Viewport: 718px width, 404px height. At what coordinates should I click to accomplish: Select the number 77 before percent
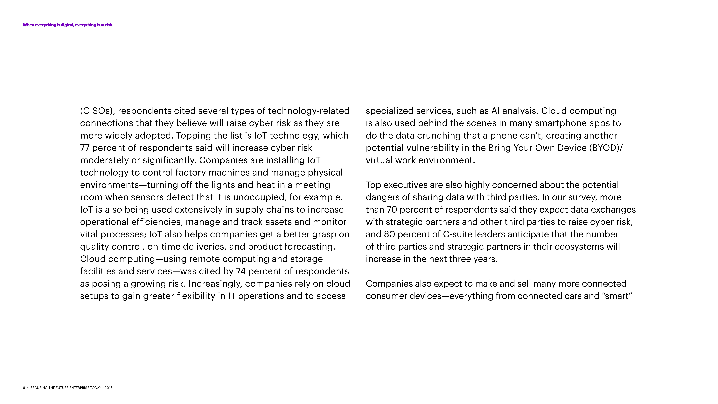(85, 148)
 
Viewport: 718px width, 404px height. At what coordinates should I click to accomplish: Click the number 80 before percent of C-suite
(389, 234)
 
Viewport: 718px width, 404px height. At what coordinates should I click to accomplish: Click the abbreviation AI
(495, 111)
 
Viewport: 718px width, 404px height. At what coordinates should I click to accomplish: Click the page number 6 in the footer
(24, 388)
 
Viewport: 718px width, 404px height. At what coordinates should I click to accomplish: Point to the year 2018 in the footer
(108, 388)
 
